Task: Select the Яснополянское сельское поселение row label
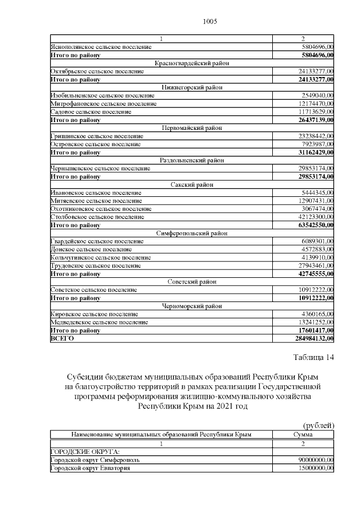pos(101,47)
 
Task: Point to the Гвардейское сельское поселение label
pos(97,241)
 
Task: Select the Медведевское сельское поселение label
pos(100,322)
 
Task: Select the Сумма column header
pos(303,435)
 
